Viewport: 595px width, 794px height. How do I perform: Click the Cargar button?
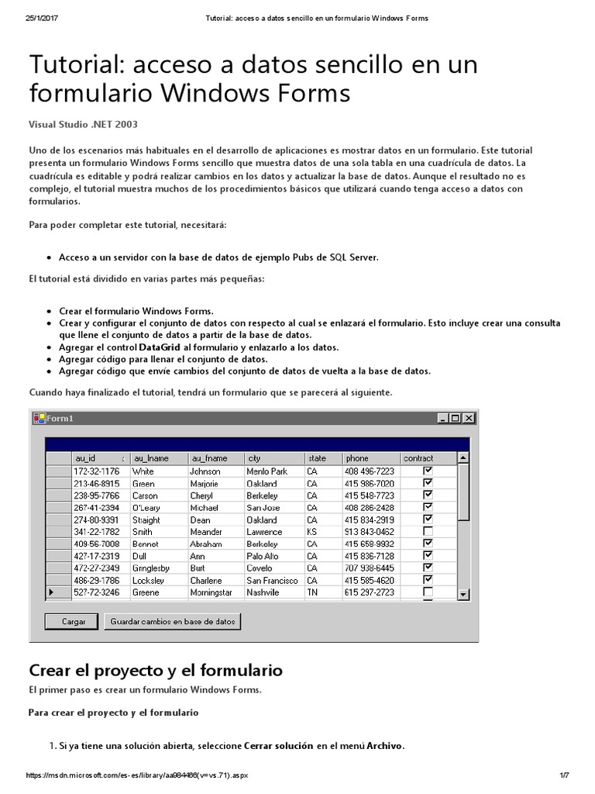[x=74, y=621]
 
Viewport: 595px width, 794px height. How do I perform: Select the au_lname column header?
[x=159, y=458]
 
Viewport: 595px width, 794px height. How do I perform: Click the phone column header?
[x=371, y=458]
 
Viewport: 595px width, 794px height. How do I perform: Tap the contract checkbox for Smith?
[x=428, y=531]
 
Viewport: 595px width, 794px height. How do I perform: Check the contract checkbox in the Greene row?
[x=428, y=592]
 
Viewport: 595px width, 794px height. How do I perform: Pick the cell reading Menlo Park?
[x=267, y=471]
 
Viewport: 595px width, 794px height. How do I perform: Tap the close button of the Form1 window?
[x=467, y=418]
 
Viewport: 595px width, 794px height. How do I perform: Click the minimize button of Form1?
[x=443, y=418]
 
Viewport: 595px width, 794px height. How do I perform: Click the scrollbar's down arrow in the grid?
[x=463, y=594]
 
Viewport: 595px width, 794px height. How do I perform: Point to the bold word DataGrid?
[x=161, y=347]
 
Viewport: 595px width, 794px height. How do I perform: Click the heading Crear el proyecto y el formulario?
[x=156, y=670]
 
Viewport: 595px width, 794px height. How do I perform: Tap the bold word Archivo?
[x=384, y=746]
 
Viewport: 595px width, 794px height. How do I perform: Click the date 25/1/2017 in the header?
[x=43, y=18]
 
